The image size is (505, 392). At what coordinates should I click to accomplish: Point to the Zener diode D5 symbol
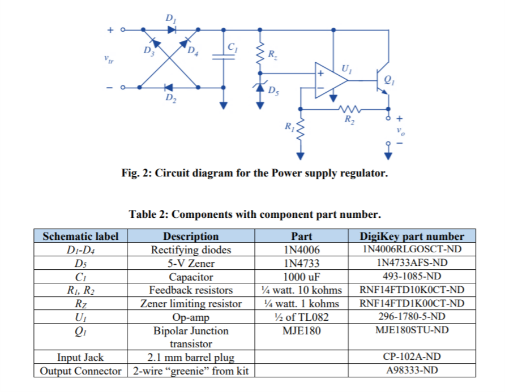pos(260,86)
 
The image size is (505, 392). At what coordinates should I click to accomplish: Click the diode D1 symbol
pos(170,29)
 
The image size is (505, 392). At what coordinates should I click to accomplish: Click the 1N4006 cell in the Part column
pos(301,249)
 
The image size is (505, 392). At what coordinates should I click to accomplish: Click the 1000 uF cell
pos(301,277)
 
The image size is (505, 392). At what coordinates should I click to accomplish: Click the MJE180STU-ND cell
pos(411,330)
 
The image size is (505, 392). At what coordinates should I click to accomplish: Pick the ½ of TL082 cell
pos(301,317)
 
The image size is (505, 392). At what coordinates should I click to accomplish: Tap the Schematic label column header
pos(80,236)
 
